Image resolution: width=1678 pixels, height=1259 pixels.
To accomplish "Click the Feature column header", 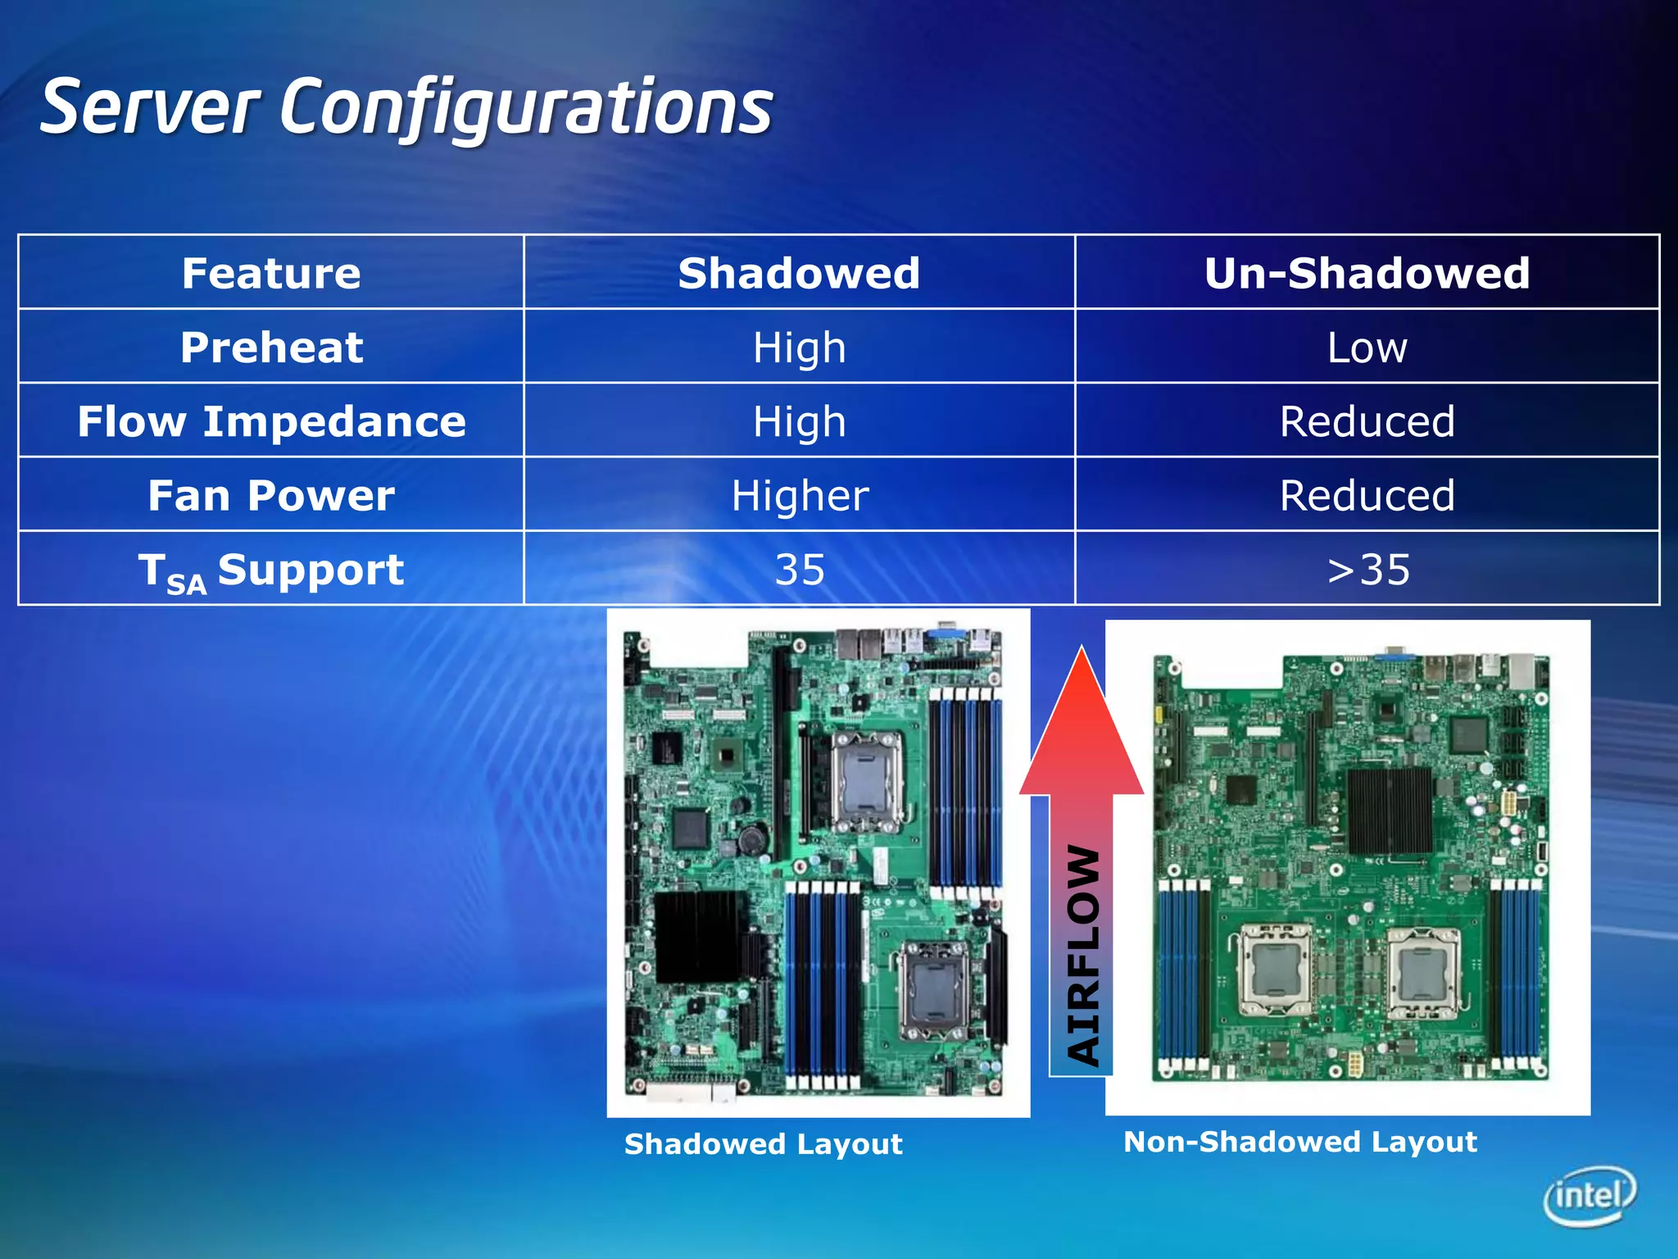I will (x=271, y=273).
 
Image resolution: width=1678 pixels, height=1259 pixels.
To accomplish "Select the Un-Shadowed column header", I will (x=1367, y=273).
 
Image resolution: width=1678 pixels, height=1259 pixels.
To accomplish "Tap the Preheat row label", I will (x=271, y=348).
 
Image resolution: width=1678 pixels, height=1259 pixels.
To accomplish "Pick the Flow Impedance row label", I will (x=271, y=421).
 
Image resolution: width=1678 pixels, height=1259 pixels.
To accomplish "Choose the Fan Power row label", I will (x=271, y=496).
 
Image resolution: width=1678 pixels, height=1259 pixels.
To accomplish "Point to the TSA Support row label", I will (x=271, y=570).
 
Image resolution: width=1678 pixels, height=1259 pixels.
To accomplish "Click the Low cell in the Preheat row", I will (x=1367, y=348).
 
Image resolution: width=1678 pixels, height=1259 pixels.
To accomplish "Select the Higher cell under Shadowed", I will (x=800, y=496).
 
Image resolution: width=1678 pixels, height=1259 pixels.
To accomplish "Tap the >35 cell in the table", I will (x=1367, y=570).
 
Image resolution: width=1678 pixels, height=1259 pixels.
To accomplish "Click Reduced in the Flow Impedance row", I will (x=1367, y=421).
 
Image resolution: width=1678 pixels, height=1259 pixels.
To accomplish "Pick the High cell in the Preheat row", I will (x=800, y=348).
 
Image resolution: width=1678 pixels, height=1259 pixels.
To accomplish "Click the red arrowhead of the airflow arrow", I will (x=1082, y=729).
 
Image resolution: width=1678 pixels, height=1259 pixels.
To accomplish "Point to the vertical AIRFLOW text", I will (x=1083, y=955).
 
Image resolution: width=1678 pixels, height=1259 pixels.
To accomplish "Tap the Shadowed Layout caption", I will (x=763, y=1143).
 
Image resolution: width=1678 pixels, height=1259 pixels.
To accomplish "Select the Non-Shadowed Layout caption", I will (x=1299, y=1142).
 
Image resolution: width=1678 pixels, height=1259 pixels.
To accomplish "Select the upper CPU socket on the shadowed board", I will (x=867, y=779).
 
